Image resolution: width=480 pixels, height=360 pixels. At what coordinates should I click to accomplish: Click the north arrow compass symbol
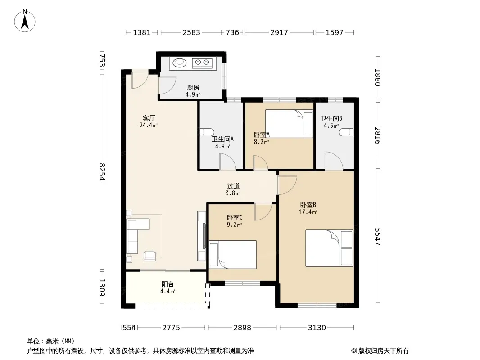click(25, 21)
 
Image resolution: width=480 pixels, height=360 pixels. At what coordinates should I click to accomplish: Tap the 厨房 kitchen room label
click(193, 88)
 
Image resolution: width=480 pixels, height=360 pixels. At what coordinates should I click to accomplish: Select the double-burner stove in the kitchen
click(202, 63)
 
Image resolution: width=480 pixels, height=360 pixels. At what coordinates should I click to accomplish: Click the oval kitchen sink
click(179, 63)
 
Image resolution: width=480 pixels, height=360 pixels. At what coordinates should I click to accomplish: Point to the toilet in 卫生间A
click(207, 132)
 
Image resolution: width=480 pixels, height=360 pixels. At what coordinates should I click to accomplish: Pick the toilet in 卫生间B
click(347, 132)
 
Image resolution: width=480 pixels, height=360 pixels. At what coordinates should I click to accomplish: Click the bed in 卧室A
click(289, 124)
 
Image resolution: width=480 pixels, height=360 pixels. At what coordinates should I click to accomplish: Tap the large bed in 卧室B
click(330, 248)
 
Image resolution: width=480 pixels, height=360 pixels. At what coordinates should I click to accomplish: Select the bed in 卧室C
click(233, 255)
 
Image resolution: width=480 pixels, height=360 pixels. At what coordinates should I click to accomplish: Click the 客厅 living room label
click(149, 118)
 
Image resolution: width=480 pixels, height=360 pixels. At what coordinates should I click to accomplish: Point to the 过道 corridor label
click(233, 186)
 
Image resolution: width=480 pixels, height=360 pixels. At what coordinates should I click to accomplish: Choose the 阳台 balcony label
click(168, 284)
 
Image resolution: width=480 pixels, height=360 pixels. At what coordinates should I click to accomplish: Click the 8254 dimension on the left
click(102, 172)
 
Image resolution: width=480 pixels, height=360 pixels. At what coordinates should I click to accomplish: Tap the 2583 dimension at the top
click(191, 32)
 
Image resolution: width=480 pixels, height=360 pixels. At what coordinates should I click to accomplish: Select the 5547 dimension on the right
click(378, 236)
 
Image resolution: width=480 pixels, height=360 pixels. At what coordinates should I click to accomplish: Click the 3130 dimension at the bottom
click(317, 328)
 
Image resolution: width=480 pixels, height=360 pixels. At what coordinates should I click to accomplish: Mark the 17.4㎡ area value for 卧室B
click(308, 212)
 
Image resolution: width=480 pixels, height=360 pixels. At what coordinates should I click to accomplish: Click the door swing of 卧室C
click(263, 211)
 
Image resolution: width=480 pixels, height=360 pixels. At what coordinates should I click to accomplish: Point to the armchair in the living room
click(149, 256)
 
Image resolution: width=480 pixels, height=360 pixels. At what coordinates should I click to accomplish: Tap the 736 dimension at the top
click(232, 32)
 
